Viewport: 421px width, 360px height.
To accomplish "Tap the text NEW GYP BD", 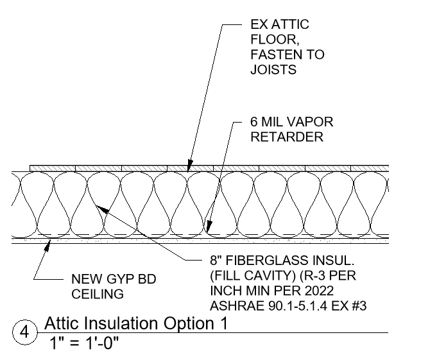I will click(105, 279).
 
